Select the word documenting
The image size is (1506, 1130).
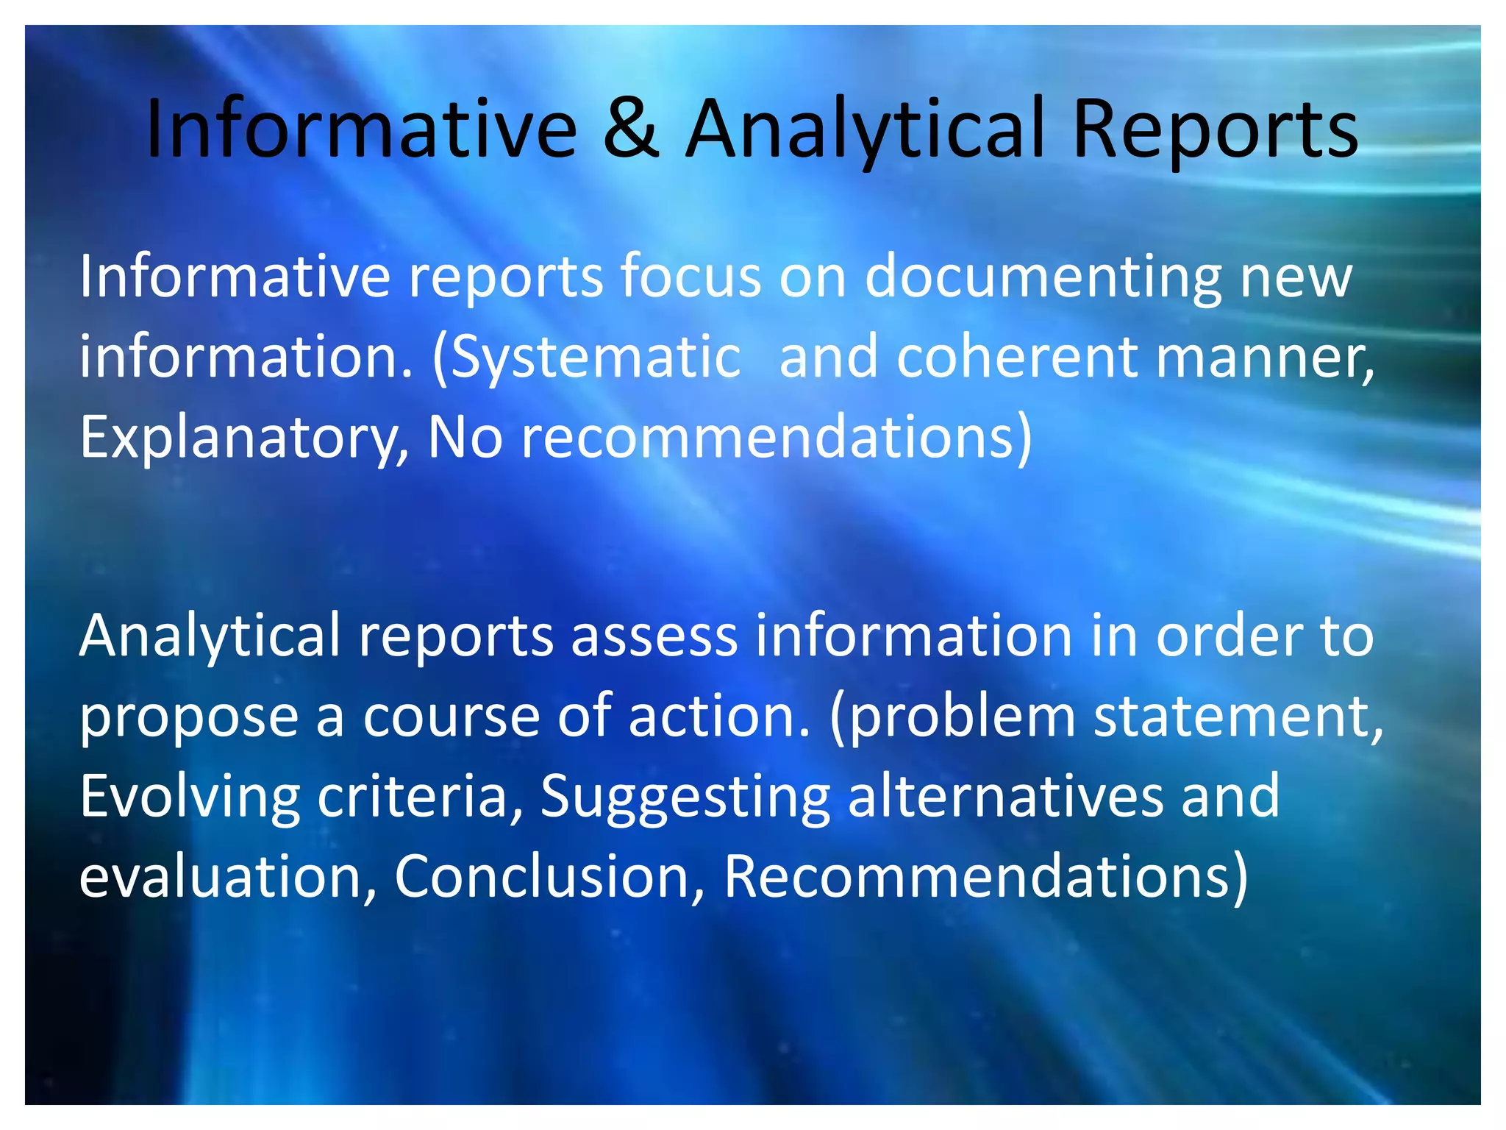(1043, 277)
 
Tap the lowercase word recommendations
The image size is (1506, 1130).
(768, 438)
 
